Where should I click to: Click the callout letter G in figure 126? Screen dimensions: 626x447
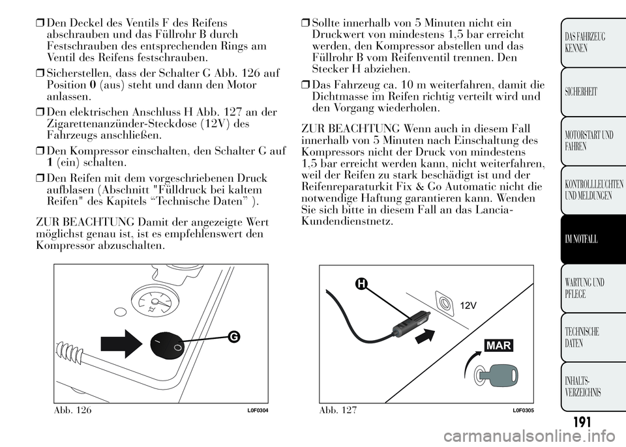[234, 337]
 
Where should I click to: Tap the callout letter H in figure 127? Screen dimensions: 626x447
[361, 283]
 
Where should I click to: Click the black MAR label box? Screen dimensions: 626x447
[499, 345]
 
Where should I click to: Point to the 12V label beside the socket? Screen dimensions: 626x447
[468, 306]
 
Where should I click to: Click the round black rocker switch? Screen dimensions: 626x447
[168, 343]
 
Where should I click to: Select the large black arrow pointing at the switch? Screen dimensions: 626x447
[121, 343]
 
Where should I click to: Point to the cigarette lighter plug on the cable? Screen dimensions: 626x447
[405, 323]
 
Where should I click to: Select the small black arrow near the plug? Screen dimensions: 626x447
[425, 336]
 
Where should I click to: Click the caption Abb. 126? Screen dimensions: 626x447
[72, 410]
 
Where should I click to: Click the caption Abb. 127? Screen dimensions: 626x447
[338, 410]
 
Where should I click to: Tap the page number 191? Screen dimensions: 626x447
[582, 422]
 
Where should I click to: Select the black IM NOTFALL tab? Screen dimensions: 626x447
[593, 240]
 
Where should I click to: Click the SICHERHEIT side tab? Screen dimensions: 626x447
[593, 92]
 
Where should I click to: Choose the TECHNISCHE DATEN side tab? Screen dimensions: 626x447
[593, 338]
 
